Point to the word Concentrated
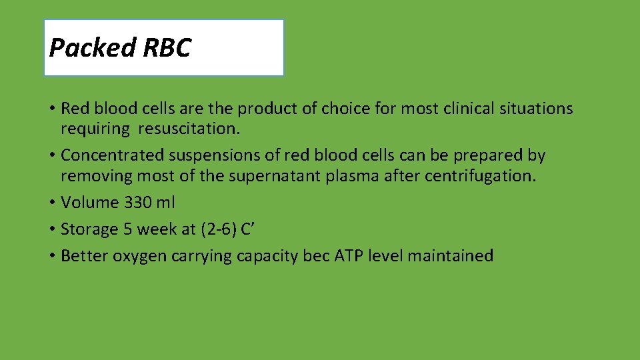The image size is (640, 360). click(x=113, y=155)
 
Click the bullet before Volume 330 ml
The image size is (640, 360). click(x=52, y=202)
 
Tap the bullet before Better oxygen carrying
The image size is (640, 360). click(x=52, y=256)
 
